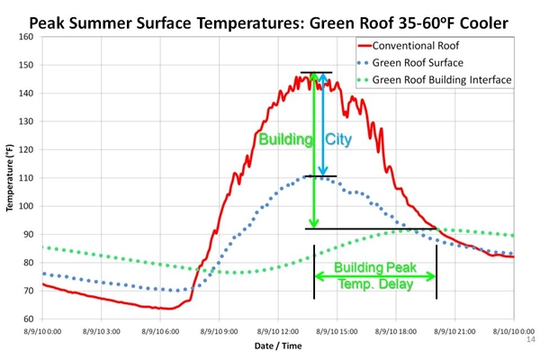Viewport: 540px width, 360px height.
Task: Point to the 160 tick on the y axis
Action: (x=25, y=38)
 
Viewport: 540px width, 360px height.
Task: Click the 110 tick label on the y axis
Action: (x=25, y=178)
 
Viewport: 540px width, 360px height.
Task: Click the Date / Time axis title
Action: (x=277, y=346)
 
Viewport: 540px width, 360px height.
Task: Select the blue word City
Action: (x=337, y=139)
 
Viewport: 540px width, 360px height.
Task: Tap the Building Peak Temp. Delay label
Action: (x=374, y=275)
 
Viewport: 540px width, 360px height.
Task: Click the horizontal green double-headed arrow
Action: (x=374, y=275)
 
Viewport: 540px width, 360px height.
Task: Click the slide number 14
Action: (x=528, y=342)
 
